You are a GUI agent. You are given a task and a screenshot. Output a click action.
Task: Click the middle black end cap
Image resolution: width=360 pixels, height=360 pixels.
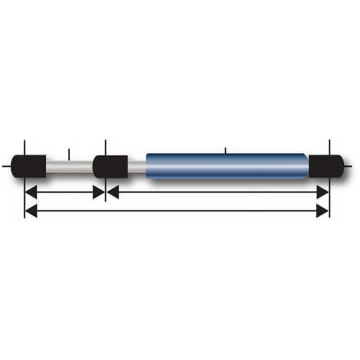[111, 166]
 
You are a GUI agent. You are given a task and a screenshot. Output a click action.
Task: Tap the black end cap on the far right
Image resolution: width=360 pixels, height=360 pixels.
[326, 166]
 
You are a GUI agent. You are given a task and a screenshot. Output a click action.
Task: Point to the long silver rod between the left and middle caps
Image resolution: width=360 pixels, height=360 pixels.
[69, 166]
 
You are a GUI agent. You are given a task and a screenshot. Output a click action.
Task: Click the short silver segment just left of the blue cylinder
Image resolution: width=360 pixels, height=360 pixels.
[137, 166]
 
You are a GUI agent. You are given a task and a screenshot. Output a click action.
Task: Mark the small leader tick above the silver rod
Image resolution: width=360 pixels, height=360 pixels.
[68, 152]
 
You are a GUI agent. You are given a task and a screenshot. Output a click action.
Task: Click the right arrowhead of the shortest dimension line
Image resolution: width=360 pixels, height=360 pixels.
[99, 192]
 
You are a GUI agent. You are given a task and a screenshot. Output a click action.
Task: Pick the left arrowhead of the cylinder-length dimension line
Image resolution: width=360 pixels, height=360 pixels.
[113, 192]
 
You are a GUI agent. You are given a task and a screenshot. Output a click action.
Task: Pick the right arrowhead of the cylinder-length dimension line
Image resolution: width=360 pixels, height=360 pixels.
[322, 192]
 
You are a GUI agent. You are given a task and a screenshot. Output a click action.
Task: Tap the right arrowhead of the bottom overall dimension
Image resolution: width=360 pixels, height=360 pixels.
[322, 211]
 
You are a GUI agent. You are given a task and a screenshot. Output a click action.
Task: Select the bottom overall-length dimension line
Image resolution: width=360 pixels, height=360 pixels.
[175, 211]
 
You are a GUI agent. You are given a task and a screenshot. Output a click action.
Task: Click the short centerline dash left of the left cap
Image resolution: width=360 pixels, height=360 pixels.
[6, 166]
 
